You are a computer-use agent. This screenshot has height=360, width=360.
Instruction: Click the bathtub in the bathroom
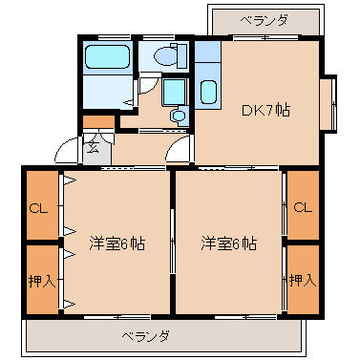108,56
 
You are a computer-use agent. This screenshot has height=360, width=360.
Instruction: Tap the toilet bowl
165,56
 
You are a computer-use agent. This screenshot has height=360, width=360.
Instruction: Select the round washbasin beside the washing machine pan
179,116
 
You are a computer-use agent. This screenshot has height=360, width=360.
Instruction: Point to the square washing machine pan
174,92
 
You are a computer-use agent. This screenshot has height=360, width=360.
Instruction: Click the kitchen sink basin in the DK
208,93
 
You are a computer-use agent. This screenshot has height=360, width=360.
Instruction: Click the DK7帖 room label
265,110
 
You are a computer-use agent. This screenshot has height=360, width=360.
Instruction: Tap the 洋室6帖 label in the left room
117,244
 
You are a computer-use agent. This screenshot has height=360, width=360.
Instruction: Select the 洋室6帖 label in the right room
229,244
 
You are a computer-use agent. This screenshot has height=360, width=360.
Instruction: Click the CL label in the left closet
38,208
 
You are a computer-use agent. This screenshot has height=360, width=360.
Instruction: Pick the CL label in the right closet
303,207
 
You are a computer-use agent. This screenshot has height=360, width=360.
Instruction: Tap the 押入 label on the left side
42,281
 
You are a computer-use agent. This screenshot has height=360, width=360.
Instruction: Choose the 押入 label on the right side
303,281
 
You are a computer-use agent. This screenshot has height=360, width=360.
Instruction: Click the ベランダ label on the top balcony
264,21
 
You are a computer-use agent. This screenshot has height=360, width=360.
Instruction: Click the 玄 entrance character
93,147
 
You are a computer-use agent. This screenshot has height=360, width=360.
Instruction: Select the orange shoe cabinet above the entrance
98,122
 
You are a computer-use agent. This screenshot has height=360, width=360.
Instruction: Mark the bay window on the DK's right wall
328,103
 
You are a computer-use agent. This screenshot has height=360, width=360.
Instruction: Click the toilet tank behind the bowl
181,56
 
